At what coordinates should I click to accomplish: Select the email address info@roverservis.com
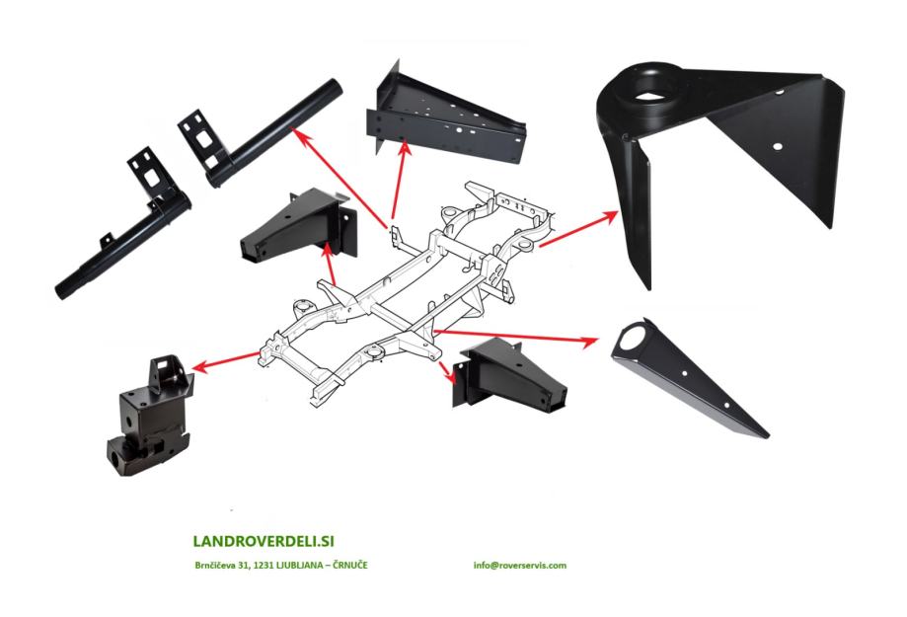[519, 566]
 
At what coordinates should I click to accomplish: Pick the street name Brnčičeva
[217, 566]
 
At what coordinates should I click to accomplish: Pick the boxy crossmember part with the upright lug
[148, 420]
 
